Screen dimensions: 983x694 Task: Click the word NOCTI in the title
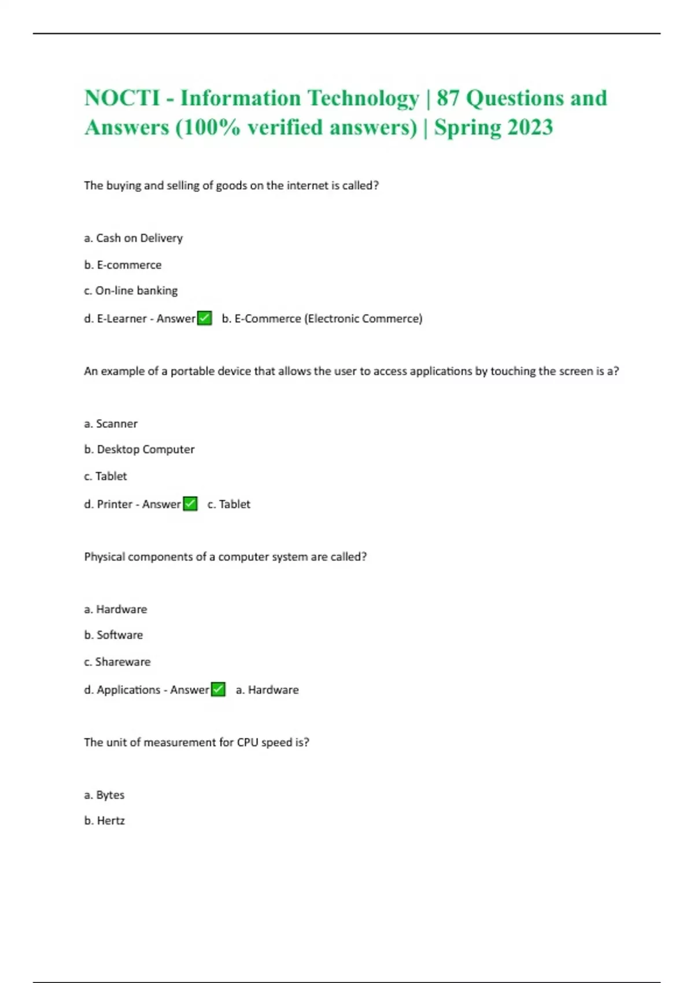pyautogui.click(x=122, y=98)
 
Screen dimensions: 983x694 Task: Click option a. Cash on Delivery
pyautogui.click(x=133, y=238)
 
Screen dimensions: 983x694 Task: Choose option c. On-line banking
pyautogui.click(x=131, y=291)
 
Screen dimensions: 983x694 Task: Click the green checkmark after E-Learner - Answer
pyautogui.click(x=205, y=319)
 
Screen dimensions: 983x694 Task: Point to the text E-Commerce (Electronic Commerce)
pyautogui.click(x=328, y=319)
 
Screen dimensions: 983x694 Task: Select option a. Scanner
pyautogui.click(x=110, y=424)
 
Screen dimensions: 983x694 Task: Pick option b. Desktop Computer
pyautogui.click(x=139, y=449)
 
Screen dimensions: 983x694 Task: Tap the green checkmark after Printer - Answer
pyautogui.click(x=190, y=504)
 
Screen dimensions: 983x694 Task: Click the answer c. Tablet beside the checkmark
pyautogui.click(x=229, y=504)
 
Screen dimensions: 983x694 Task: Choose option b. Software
pyautogui.click(x=113, y=635)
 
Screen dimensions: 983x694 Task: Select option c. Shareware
pyautogui.click(x=117, y=662)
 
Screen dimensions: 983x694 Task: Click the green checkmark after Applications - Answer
pyautogui.click(x=218, y=690)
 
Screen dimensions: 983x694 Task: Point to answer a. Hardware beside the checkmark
pyautogui.click(x=267, y=690)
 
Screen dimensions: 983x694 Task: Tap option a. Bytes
pyautogui.click(x=104, y=795)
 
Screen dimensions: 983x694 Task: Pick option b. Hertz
pyautogui.click(x=104, y=821)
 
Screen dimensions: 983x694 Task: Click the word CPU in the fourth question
pyautogui.click(x=247, y=742)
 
